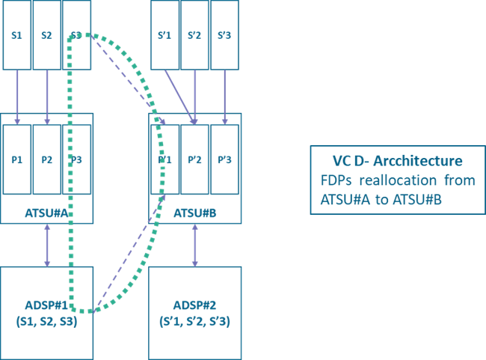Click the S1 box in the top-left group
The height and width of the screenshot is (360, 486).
click(17, 35)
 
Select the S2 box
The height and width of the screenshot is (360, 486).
click(47, 35)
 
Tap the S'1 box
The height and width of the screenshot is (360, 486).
click(165, 35)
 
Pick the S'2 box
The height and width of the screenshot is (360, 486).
click(195, 35)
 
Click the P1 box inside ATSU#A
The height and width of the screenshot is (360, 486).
click(17, 159)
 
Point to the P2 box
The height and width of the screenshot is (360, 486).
click(47, 159)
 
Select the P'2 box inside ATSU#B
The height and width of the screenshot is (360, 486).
click(195, 159)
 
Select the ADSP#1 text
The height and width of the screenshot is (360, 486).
click(46, 305)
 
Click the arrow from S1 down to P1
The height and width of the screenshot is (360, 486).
click(17, 96)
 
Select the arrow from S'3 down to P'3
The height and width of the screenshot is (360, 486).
click(225, 96)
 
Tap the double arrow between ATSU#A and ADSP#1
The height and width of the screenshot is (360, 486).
click(47, 245)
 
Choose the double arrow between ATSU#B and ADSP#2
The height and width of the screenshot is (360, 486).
click(195, 245)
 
